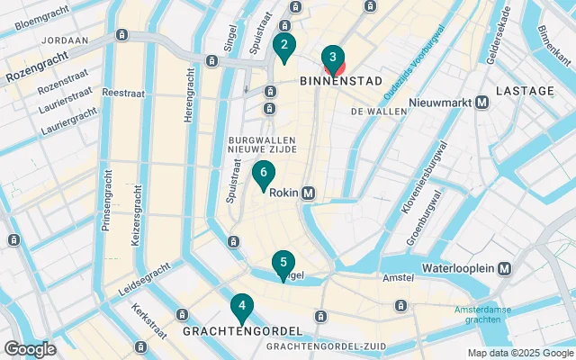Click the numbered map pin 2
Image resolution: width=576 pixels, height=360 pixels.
[284, 47]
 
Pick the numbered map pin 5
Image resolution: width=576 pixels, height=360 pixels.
[283, 264]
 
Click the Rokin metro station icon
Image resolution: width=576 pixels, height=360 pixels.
[309, 193]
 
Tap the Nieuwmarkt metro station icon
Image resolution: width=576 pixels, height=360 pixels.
[482, 103]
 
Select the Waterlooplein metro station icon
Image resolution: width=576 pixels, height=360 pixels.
[505, 269]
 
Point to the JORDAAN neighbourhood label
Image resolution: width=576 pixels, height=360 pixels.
[64, 40]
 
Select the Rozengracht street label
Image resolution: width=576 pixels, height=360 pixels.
[36, 70]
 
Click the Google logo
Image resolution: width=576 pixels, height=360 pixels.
[30, 348]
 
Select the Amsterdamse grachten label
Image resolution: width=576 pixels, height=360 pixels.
[482, 315]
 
